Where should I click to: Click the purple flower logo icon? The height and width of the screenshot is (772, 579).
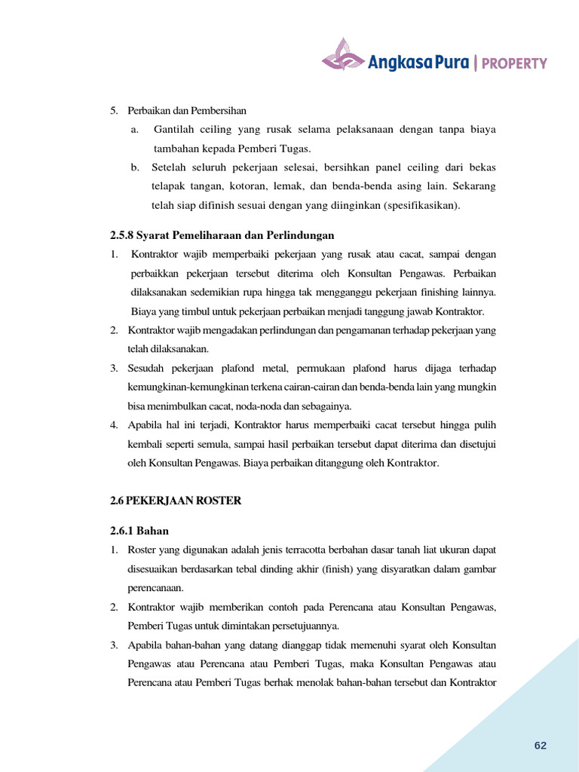[342, 55]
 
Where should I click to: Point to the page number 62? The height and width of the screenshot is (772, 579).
[540, 746]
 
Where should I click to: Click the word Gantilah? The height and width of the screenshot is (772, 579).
[173, 130]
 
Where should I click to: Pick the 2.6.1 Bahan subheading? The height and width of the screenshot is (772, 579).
[139, 531]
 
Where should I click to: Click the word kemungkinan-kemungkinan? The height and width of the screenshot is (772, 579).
[182, 387]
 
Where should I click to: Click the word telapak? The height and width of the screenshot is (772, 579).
[168, 186]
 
